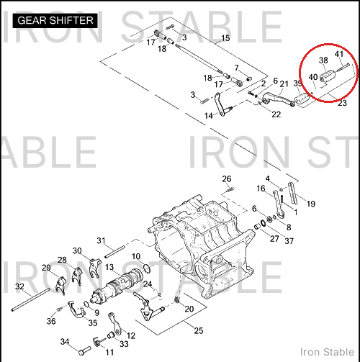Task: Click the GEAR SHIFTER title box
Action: [55, 20]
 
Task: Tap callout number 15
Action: [225, 38]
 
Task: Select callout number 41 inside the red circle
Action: [339, 54]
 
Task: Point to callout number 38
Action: [323, 60]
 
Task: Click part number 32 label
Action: [19, 286]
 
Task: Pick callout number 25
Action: [199, 331]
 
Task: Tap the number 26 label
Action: [227, 179]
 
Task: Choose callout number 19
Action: [311, 204]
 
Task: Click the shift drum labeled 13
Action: [117, 286]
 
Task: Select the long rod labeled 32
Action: [31, 299]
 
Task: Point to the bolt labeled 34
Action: [84, 350]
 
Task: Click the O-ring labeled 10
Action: [147, 268]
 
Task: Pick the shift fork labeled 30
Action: [95, 267]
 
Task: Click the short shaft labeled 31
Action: [114, 252]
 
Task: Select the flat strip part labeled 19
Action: [292, 194]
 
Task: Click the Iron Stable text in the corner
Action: [327, 352]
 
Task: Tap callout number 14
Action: [208, 116]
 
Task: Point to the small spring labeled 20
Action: [176, 300]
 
